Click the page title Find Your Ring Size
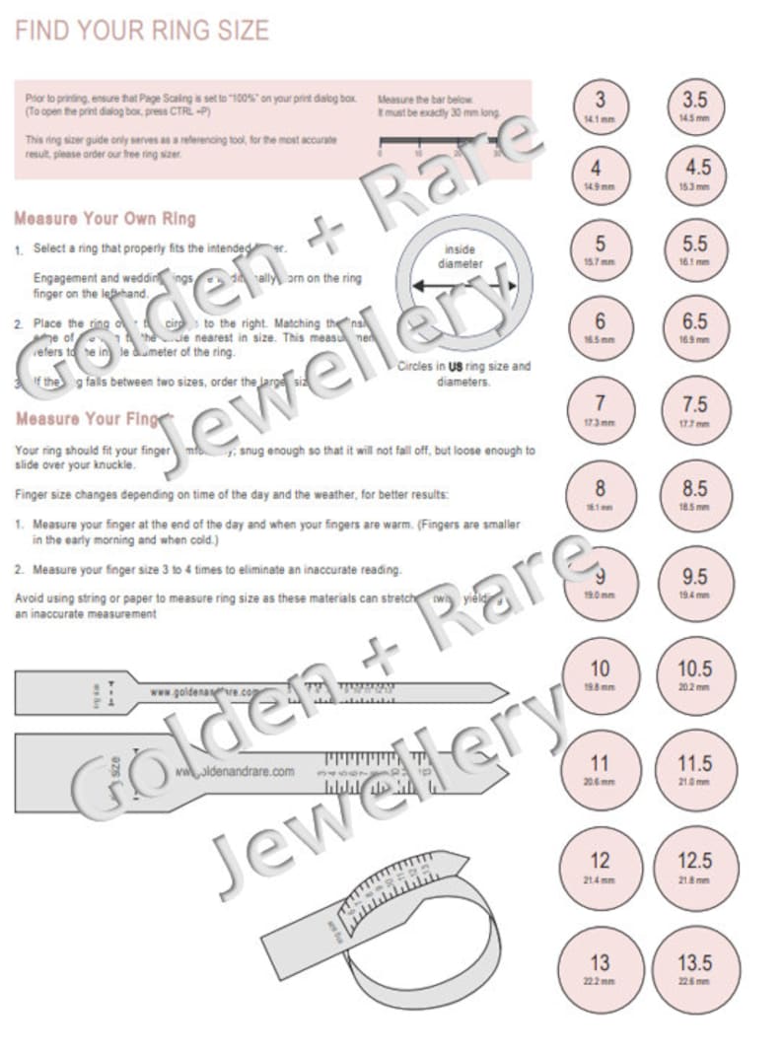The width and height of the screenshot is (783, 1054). coord(142,31)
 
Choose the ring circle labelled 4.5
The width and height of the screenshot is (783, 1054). coord(694,174)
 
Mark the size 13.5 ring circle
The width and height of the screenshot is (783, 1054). coord(694,969)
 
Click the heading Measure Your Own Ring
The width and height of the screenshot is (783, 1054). coord(106,218)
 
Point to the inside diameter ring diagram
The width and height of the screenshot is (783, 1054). coord(462,286)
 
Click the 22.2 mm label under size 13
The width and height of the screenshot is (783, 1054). coord(600,982)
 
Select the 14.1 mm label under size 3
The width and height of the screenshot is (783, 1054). coord(600,120)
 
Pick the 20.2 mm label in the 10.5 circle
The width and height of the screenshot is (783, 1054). coord(694,685)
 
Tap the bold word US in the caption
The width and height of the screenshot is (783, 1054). coord(456,366)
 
